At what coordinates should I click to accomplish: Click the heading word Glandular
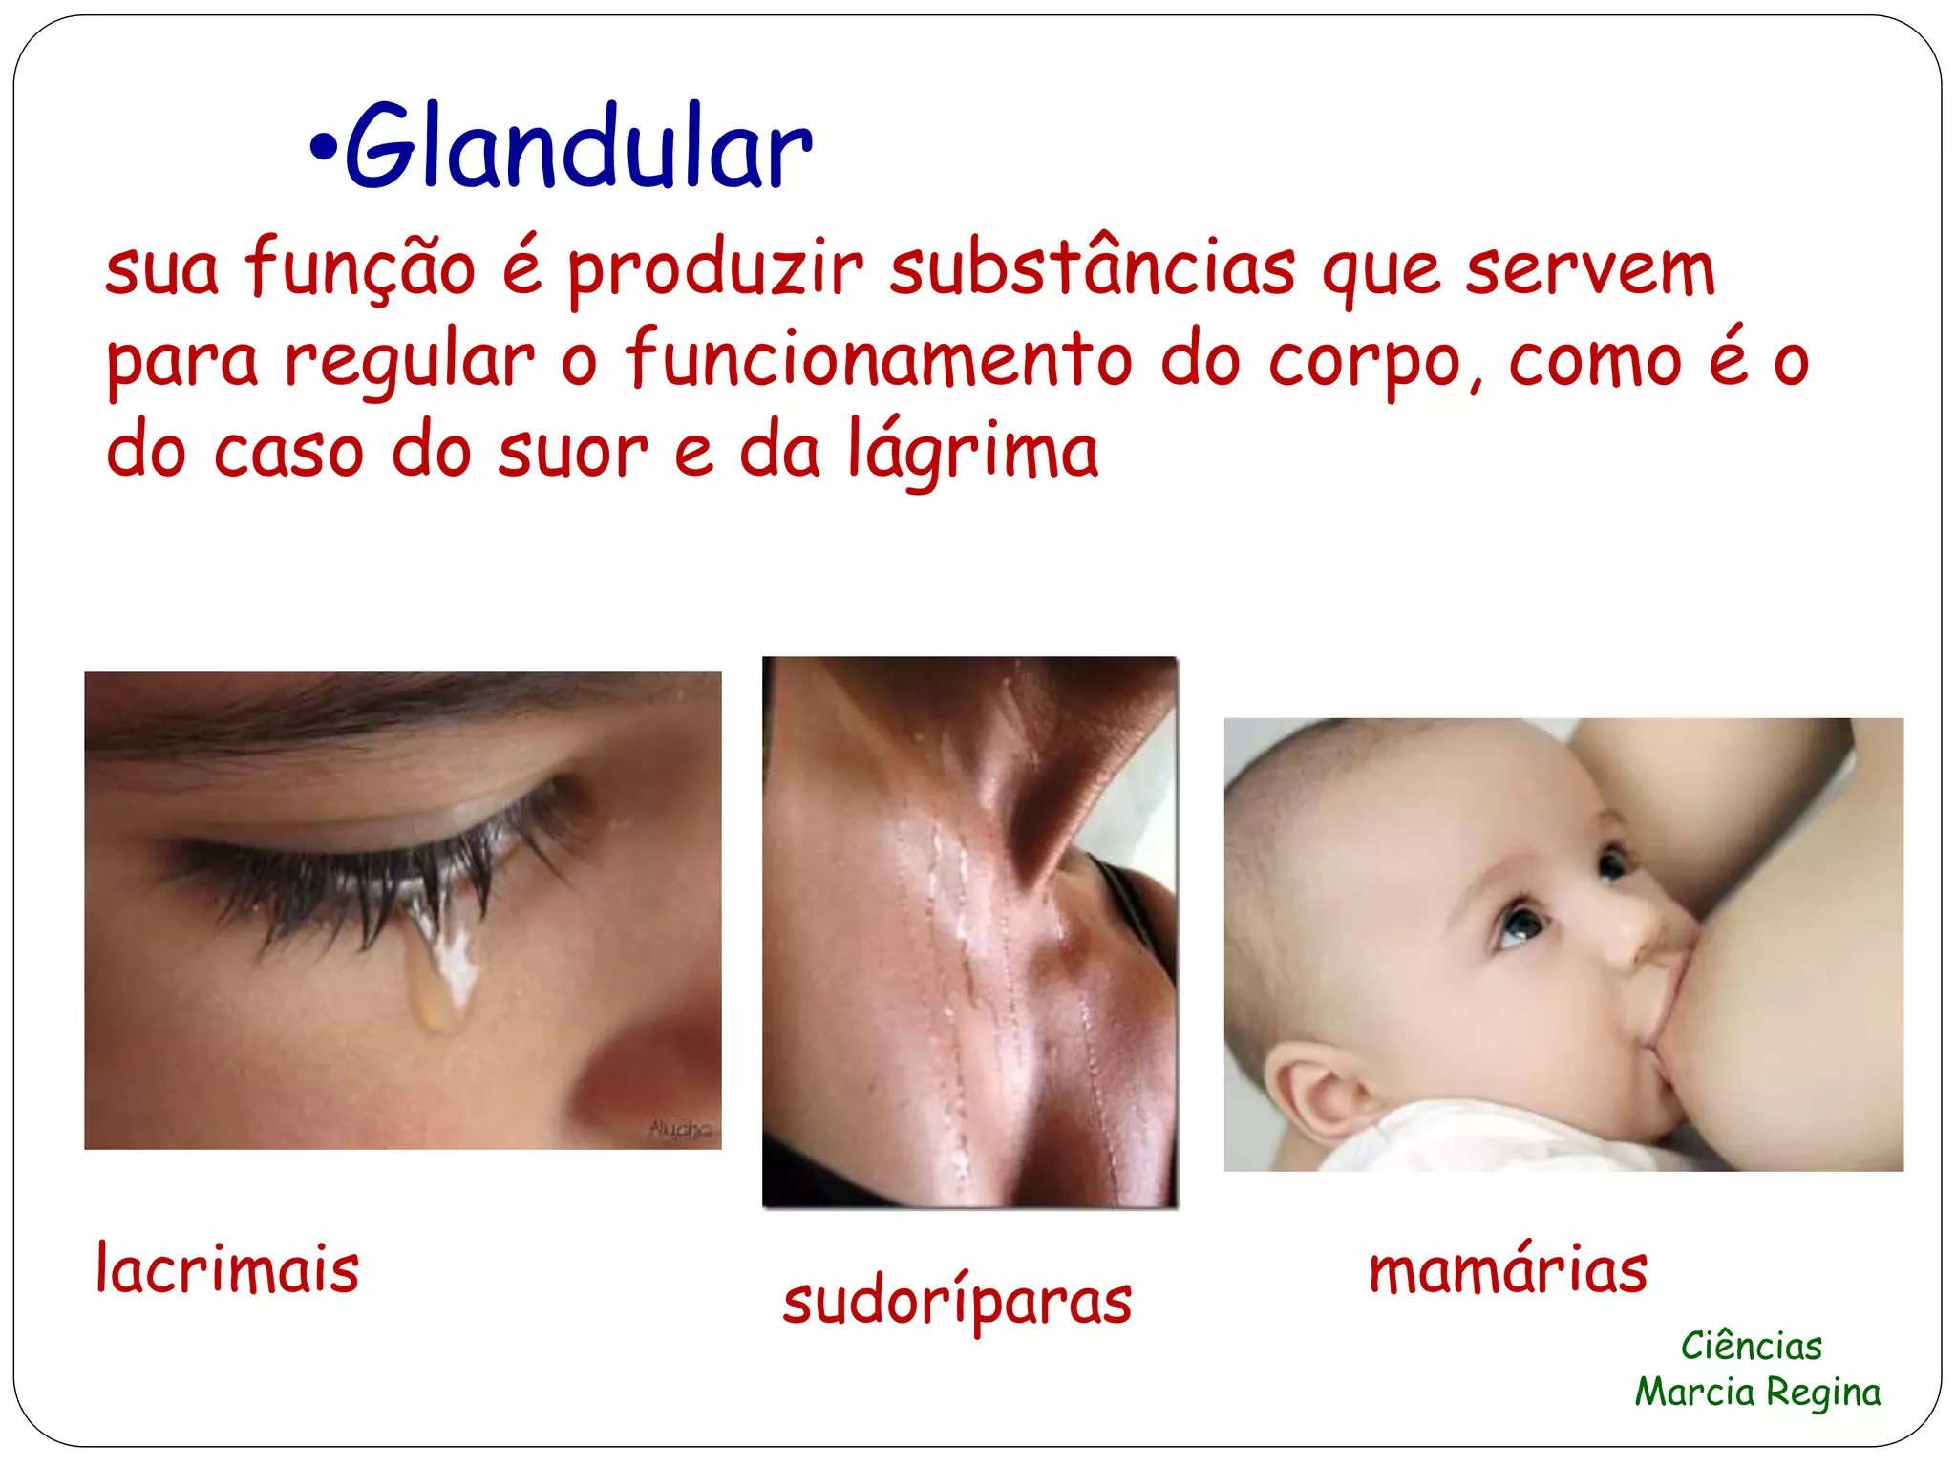coord(579,148)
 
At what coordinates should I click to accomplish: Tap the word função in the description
coord(360,270)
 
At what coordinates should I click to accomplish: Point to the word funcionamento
coord(879,360)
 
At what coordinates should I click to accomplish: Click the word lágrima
coord(973,453)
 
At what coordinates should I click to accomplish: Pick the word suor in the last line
coord(572,453)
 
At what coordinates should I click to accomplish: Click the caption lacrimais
coord(227,1269)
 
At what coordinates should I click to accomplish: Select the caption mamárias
coord(1508,1270)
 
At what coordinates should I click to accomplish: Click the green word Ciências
coord(1752,1347)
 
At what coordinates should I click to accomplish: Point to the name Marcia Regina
coord(1757,1393)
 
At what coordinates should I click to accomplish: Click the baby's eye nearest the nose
coord(1520,925)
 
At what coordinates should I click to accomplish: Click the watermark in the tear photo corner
coord(680,1130)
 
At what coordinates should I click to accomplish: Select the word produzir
coord(715,270)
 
